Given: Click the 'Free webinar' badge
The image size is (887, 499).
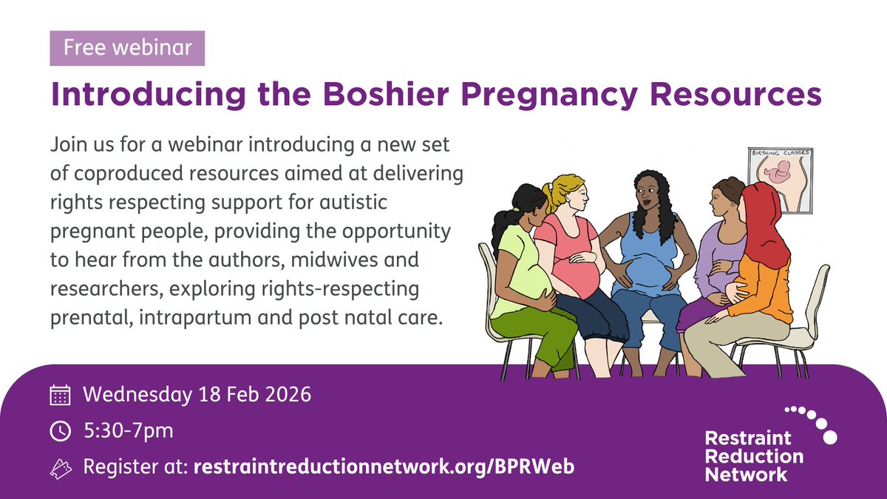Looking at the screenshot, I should [x=127, y=49].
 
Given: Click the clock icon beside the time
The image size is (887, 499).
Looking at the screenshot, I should [x=60, y=430].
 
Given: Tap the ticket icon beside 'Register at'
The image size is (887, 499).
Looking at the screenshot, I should [x=60, y=466].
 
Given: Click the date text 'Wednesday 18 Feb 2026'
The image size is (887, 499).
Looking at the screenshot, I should [x=197, y=394].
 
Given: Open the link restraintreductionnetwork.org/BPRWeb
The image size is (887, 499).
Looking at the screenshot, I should [x=384, y=466].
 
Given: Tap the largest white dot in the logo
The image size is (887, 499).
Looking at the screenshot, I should [x=829, y=436].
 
